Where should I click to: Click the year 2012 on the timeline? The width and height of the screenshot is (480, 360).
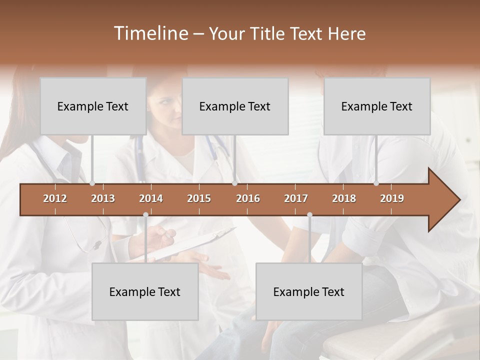click(55, 198)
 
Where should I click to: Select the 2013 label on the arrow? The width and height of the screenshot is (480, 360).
click(103, 198)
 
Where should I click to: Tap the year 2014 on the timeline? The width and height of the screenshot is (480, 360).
click(151, 198)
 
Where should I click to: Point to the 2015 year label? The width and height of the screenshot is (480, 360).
click(199, 198)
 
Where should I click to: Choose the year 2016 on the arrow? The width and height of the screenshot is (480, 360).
click(248, 198)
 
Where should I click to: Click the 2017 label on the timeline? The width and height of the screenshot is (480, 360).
click(296, 198)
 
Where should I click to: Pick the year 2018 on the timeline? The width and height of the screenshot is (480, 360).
click(344, 198)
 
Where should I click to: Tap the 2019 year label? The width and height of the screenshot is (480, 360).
click(392, 198)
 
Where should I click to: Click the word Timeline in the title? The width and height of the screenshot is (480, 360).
click(150, 33)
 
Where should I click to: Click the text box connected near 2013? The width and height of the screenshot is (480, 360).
click(93, 106)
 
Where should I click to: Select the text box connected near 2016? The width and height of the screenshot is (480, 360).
click(235, 106)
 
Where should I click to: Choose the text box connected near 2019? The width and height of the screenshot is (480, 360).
click(377, 106)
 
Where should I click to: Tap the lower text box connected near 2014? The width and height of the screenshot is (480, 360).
click(145, 291)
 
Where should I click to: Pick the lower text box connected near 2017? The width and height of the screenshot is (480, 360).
click(309, 291)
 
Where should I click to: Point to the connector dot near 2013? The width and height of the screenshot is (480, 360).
click(92, 183)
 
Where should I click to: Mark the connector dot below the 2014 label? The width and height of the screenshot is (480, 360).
click(145, 214)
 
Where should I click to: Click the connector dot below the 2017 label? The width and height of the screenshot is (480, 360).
click(309, 214)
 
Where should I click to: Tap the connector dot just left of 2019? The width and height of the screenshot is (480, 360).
click(376, 183)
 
